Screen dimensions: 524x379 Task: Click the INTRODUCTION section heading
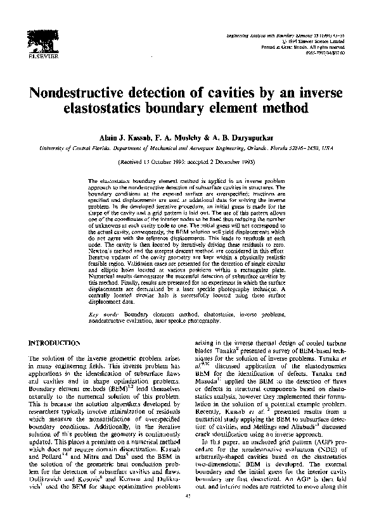click(x=52, y=343)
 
